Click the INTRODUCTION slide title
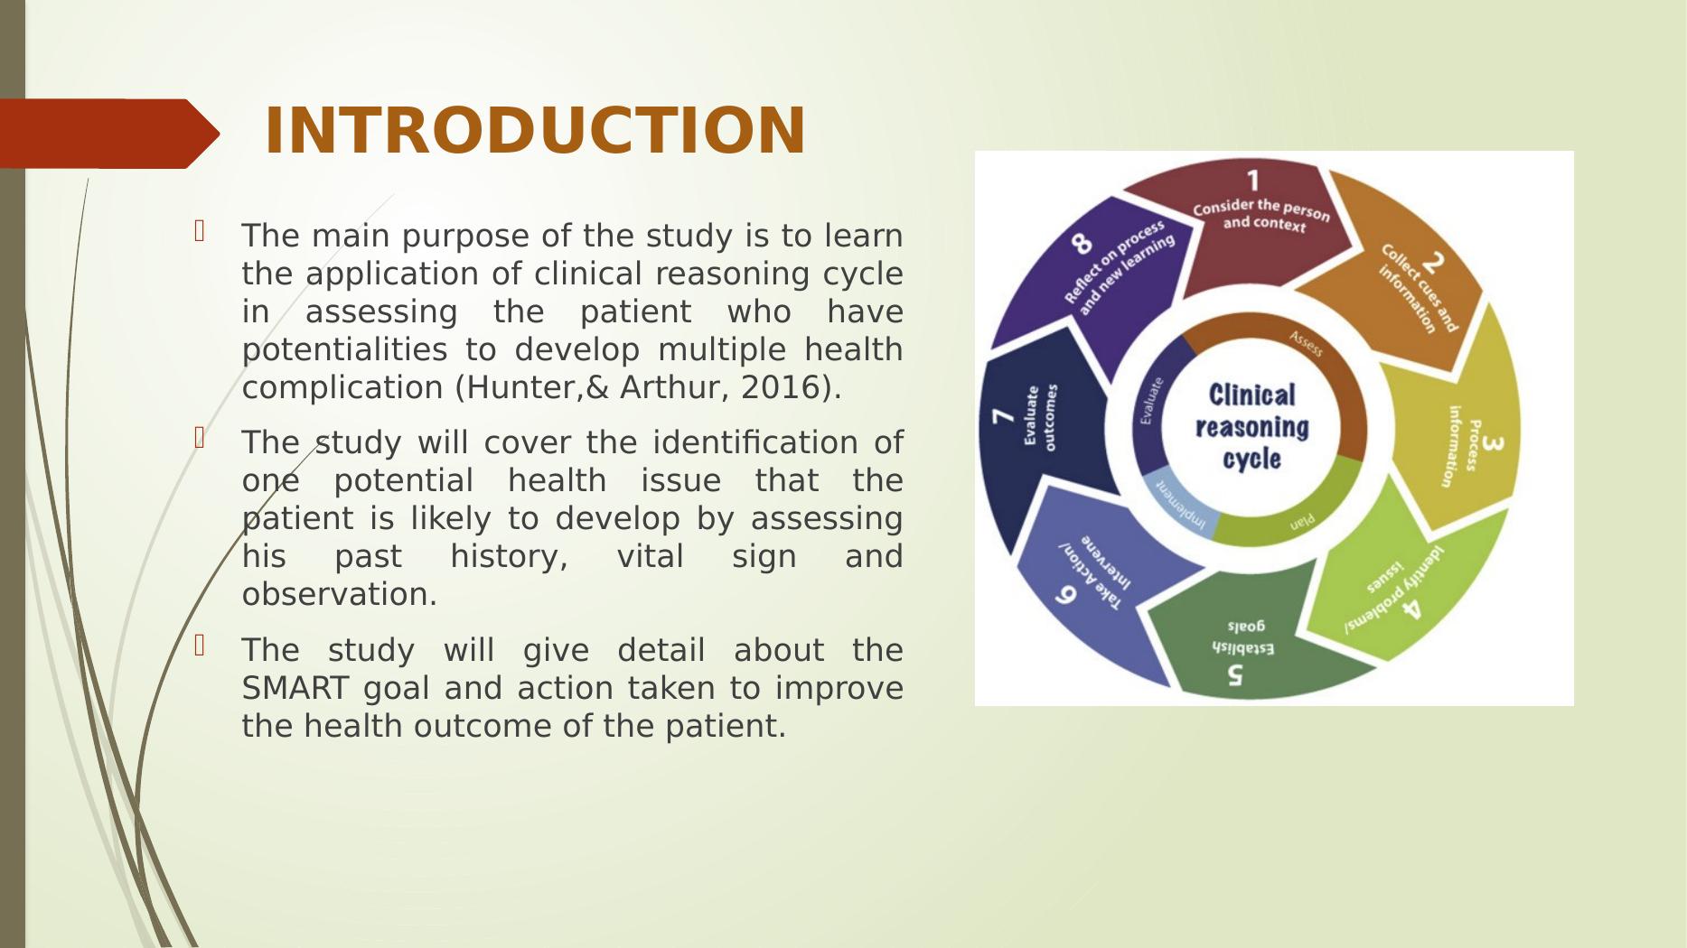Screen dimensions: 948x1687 tap(534, 132)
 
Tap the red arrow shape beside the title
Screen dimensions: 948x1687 tap(108, 134)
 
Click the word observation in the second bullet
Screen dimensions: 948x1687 tap(339, 595)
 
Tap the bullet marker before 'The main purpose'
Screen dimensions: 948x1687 tap(201, 233)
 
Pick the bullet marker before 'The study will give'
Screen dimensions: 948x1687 tap(201, 646)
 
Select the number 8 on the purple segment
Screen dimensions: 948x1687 tap(1082, 244)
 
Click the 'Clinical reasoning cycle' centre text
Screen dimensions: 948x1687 tap(1251, 426)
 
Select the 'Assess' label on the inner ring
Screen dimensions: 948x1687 tap(1306, 343)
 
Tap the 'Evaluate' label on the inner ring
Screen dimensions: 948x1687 tap(1148, 400)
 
